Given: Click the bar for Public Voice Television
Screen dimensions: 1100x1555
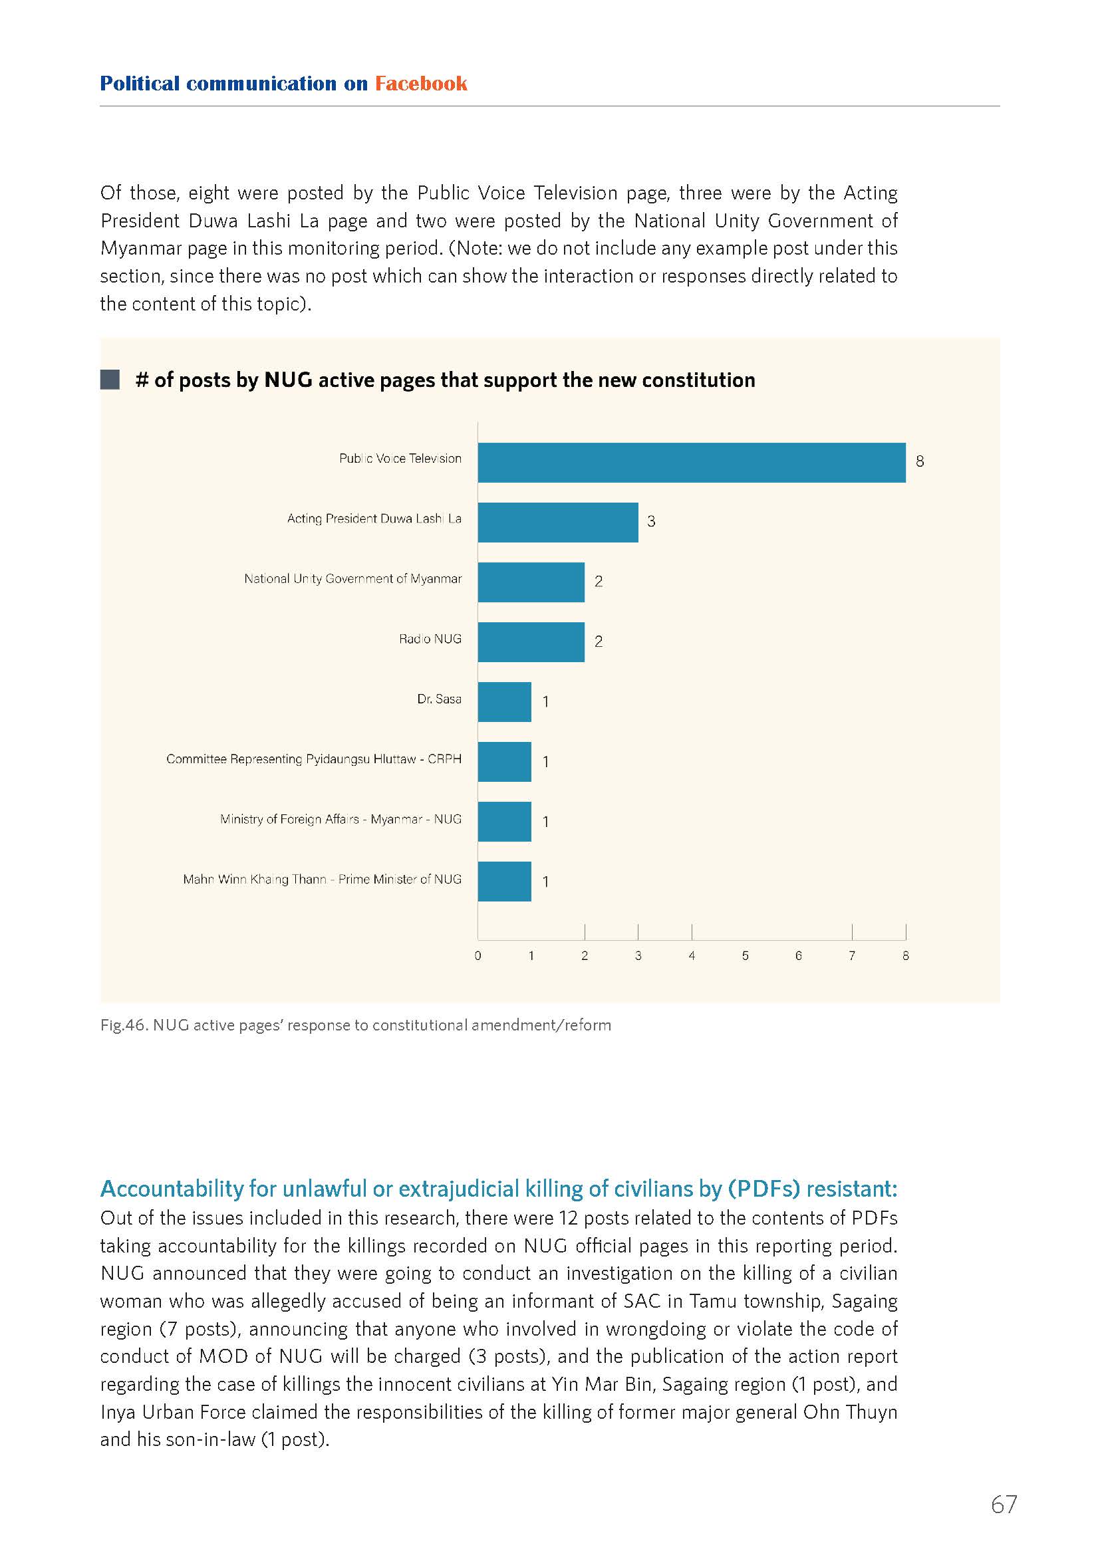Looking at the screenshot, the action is tap(692, 463).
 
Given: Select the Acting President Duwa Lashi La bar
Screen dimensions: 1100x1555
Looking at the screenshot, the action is tap(558, 522).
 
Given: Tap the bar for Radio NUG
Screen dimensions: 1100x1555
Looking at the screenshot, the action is tap(531, 642).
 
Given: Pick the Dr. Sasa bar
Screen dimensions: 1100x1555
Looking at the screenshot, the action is tap(505, 701).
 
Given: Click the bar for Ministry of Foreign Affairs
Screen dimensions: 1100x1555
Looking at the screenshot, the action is tap(505, 822).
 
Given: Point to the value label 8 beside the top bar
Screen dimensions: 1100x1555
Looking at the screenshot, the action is tap(920, 461).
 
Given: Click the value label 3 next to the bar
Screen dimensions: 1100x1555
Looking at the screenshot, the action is tap(651, 521).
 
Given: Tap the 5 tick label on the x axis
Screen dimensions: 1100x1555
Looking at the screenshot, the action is tap(745, 955).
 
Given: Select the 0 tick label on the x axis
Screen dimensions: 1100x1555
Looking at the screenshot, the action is tap(478, 955).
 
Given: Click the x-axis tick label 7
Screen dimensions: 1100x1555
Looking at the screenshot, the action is tap(852, 955).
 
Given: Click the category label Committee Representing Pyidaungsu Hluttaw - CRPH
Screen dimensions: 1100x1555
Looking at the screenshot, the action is tap(314, 759).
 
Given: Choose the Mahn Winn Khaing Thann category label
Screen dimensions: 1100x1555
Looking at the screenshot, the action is tap(323, 879).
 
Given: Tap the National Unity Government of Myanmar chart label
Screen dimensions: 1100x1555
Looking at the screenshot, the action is tap(353, 579).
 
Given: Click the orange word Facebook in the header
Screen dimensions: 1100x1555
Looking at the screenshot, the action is tap(420, 83).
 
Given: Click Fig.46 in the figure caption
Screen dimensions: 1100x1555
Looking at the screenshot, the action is tap(123, 1025).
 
